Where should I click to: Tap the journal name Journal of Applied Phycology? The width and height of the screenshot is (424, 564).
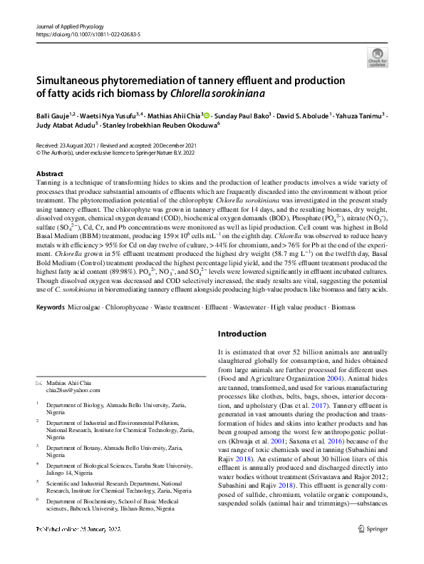[x=70, y=26]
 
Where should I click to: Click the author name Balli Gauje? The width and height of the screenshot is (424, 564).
[x=53, y=114]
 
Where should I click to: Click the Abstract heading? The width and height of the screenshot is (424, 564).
[x=50, y=174]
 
